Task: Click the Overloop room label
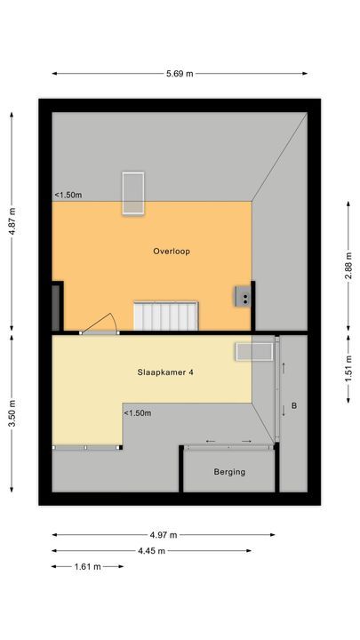tap(172, 252)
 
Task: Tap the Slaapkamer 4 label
tap(165, 372)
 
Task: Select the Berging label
tap(229, 472)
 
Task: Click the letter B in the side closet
tap(294, 407)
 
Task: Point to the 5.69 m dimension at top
tap(180, 73)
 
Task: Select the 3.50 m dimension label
tap(12, 413)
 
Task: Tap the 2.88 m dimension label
tap(348, 264)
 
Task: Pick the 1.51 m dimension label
tap(348, 367)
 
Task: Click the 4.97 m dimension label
tap(164, 534)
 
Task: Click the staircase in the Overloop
tap(166, 316)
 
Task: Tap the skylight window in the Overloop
tap(133, 192)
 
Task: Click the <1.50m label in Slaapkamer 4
tap(137, 412)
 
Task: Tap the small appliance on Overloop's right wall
tap(243, 296)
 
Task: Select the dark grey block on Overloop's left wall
tap(57, 306)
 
